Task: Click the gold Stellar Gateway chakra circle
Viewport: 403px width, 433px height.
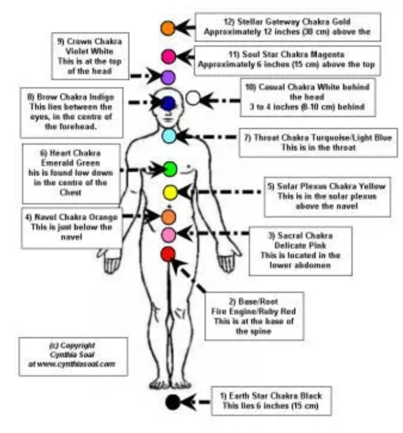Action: [x=167, y=28]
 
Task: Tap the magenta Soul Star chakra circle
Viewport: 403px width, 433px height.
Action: [x=167, y=56]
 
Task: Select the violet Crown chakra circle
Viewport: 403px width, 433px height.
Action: [x=168, y=78]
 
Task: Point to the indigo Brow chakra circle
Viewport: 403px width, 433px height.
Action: [x=168, y=103]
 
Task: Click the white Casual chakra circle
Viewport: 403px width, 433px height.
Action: [x=193, y=99]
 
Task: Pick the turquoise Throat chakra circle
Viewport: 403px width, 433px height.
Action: [x=168, y=135]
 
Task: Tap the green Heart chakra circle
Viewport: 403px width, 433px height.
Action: [x=169, y=169]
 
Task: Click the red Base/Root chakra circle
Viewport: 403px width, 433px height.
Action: [x=168, y=254]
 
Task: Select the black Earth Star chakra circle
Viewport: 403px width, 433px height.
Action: [x=173, y=402]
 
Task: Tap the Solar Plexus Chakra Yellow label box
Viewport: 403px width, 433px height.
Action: [x=327, y=196]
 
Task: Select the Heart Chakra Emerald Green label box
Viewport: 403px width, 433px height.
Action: [x=71, y=173]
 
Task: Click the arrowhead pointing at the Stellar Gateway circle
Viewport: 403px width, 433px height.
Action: [x=182, y=27]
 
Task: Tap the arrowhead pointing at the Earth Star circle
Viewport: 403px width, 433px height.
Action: [x=188, y=402]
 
